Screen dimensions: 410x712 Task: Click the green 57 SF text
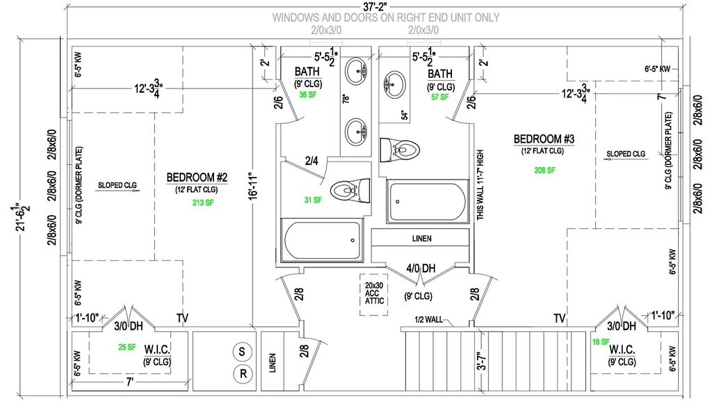click(439, 97)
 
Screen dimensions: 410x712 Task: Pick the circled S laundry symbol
click(243, 352)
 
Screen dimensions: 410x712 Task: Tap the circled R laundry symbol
click(243, 373)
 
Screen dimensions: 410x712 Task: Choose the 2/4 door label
click(312, 161)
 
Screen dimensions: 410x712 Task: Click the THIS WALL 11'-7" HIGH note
click(480, 184)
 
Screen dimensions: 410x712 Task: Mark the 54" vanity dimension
click(404, 116)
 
